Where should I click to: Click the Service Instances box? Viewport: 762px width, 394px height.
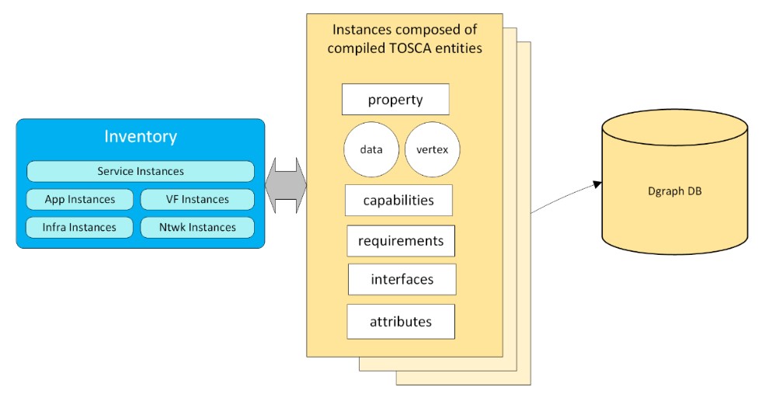[x=141, y=171]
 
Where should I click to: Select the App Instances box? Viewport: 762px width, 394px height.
[x=80, y=200]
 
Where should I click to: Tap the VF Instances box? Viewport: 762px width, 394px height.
[x=197, y=200]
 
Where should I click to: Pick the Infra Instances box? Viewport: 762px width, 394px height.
[x=79, y=228]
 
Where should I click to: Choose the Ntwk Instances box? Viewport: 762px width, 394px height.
[x=197, y=228]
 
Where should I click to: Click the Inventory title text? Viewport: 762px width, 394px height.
[x=141, y=137]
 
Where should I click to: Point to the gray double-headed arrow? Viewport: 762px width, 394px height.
[x=286, y=185]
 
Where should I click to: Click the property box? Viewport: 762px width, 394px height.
[x=395, y=99]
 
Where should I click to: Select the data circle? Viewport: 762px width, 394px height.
[x=371, y=149]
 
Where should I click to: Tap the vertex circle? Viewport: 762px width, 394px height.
[x=433, y=149]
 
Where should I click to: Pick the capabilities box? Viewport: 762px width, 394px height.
[x=398, y=200]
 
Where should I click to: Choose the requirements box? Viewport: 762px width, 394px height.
[x=401, y=241]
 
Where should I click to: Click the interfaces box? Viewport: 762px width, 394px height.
[x=402, y=280]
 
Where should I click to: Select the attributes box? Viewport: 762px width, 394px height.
[x=401, y=322]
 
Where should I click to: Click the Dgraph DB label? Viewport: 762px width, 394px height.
[x=675, y=191]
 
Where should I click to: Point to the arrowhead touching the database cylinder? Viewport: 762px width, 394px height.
[x=598, y=184]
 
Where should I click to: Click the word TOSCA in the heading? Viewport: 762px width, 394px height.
[x=406, y=48]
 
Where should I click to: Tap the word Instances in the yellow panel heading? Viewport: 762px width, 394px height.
[x=362, y=30]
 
